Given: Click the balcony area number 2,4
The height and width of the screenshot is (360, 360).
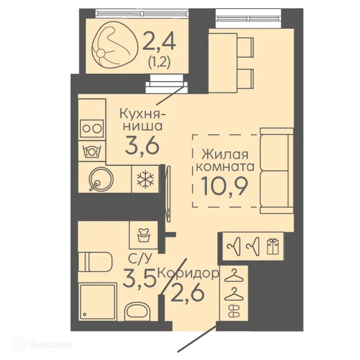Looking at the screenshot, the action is (x=159, y=42).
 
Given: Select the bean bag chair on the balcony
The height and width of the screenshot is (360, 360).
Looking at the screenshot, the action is (x=115, y=45).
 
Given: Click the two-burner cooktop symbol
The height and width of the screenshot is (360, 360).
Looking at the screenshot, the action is (x=92, y=128).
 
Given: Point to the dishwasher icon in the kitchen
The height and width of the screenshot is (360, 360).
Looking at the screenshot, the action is (x=92, y=151).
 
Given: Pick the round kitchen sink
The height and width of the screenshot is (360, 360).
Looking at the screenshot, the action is (x=101, y=179).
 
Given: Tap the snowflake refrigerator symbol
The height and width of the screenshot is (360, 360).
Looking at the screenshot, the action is (x=145, y=179).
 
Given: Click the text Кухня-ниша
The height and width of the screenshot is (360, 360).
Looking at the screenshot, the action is (x=143, y=119).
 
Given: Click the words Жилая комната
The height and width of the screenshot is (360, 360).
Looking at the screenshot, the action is (x=226, y=160).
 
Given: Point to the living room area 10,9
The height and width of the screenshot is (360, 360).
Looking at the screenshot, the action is (x=224, y=186).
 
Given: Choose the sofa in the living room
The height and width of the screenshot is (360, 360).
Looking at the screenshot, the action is (x=277, y=171).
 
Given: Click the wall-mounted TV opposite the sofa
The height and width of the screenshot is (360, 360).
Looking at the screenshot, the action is (x=168, y=194).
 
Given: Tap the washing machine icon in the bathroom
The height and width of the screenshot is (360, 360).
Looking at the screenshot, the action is (x=143, y=235).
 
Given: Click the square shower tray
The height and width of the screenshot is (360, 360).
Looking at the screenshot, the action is (x=97, y=301).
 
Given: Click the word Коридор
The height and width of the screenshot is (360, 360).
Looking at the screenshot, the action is (x=189, y=273).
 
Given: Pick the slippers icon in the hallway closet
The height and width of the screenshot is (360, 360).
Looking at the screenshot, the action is (x=233, y=311).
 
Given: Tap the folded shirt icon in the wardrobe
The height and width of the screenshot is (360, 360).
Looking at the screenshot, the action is (x=272, y=246).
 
